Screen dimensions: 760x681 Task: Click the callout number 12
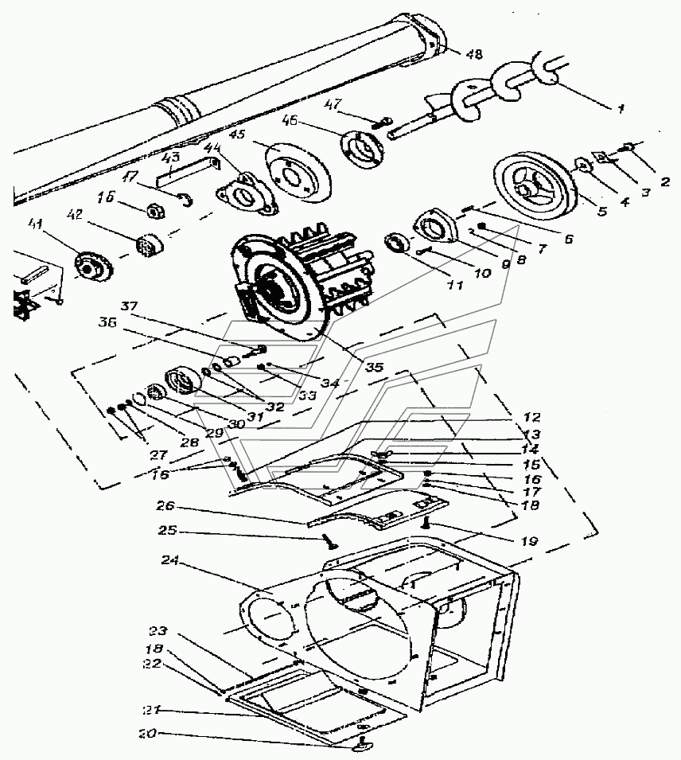[x=531, y=417]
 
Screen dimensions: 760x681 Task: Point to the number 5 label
[x=601, y=211]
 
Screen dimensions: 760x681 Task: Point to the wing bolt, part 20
[x=363, y=744]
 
